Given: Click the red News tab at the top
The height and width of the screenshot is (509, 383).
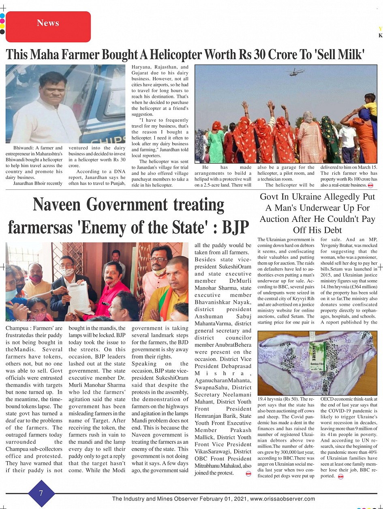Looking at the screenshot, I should pos(48,24).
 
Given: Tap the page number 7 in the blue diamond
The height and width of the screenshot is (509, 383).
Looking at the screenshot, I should pos(41,493).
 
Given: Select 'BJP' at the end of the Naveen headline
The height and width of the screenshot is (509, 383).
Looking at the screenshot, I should pos(233,228).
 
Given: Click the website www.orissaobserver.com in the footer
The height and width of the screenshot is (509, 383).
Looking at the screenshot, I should pos(282,499).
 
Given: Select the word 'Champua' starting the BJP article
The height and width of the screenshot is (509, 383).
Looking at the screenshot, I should pos(17,328).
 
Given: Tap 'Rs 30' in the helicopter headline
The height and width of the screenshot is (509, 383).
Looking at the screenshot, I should pos(261,54).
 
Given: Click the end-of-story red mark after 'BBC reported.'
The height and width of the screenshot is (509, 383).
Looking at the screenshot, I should pos(341,476).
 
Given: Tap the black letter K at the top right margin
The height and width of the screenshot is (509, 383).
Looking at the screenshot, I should pos(380,35).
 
